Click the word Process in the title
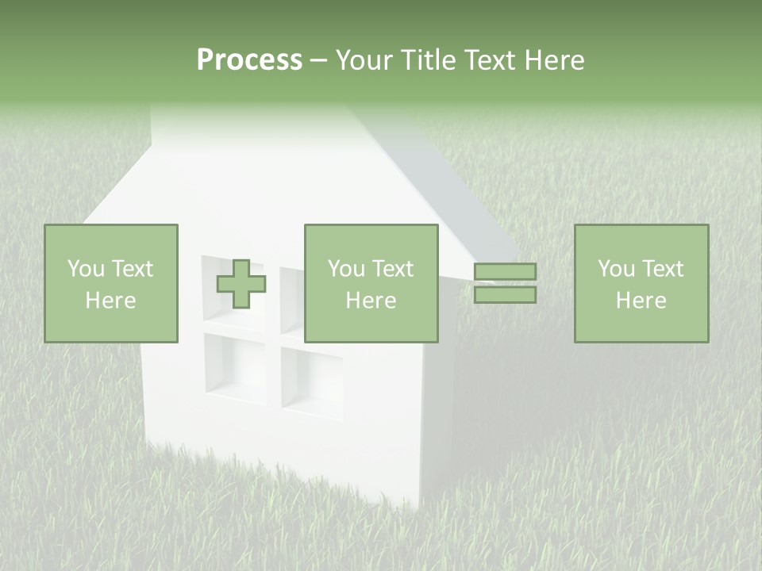249,60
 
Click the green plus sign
241,284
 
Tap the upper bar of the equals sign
505,272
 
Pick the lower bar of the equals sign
505,295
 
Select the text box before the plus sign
111,284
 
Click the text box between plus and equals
371,284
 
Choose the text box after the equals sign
641,284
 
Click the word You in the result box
615,269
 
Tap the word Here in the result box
641,301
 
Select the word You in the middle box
346,269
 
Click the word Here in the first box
111,301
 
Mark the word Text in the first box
132,269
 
